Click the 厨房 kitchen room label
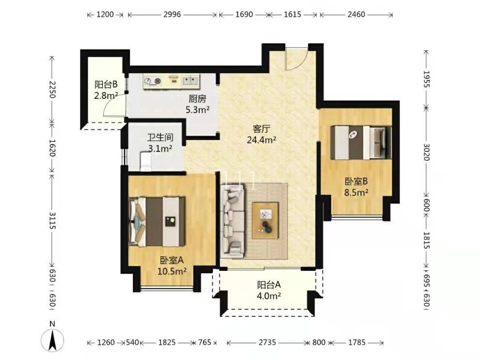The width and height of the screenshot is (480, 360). click(x=197, y=99)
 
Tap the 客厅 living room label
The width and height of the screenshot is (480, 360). click(x=261, y=129)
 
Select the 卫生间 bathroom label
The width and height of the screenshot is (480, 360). click(x=160, y=137)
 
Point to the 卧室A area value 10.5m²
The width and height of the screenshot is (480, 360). click(x=172, y=271)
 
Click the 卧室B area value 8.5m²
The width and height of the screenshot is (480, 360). click(x=356, y=192)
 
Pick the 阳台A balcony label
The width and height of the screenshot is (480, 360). click(x=269, y=285)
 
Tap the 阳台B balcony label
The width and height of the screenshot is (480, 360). click(x=106, y=84)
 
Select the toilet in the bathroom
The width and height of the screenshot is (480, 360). click(x=146, y=161)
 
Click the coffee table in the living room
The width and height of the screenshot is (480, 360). click(x=265, y=220)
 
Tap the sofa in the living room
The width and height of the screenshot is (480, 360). click(x=233, y=222)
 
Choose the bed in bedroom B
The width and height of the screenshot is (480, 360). click(x=361, y=142)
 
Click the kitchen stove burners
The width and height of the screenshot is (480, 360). click(x=153, y=81)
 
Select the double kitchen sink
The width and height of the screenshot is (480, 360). click(x=191, y=81)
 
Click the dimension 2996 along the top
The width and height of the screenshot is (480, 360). click(x=172, y=15)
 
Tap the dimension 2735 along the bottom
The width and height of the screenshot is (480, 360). click(x=267, y=342)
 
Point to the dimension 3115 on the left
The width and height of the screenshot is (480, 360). click(x=52, y=221)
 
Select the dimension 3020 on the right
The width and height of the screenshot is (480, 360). click(x=426, y=152)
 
